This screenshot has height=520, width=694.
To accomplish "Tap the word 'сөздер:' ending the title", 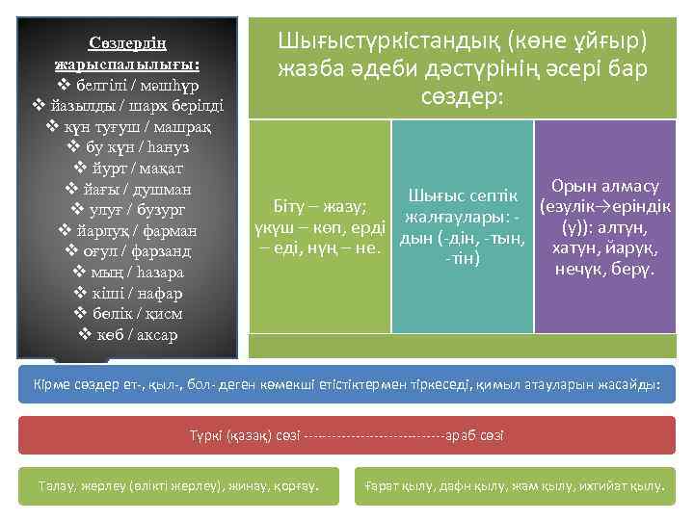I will click(462, 96).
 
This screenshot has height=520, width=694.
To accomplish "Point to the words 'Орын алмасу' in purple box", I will click(605, 186).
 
